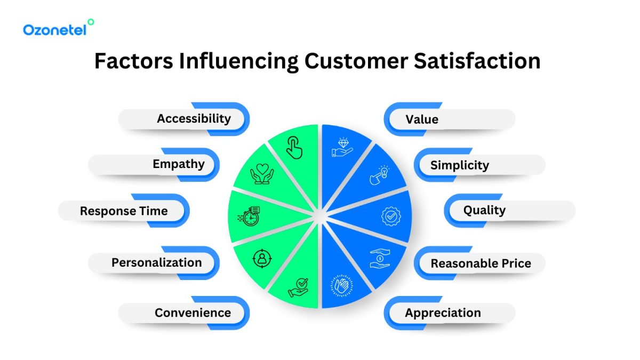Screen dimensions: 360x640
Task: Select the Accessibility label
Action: coord(194,118)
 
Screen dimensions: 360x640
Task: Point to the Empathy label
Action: coord(178,164)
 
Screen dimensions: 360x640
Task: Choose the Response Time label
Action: coord(124,211)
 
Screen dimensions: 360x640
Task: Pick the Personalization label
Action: coord(156,262)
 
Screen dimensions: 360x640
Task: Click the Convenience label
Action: coord(193,313)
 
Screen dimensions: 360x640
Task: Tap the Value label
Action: coord(421,119)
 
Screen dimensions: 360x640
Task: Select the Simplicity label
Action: coord(459,165)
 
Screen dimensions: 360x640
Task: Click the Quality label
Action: coord(484,210)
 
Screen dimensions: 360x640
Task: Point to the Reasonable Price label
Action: coord(481,263)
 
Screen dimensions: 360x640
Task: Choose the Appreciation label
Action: coord(443,313)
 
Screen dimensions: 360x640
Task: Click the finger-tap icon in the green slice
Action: coord(294,148)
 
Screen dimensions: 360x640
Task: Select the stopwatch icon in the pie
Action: coord(249,216)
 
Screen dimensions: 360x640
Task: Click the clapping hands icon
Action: coord(342,285)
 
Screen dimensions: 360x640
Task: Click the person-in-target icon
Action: coord(262,259)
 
